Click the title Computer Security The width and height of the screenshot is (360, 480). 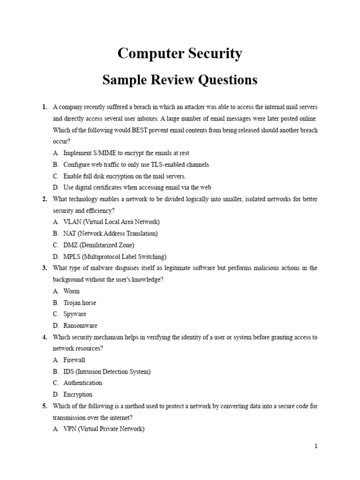click(x=180, y=54)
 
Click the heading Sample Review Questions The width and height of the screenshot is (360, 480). click(x=180, y=80)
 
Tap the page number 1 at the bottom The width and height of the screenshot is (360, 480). click(x=316, y=446)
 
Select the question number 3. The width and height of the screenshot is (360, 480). click(x=45, y=268)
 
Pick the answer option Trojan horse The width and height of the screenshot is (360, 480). click(x=80, y=303)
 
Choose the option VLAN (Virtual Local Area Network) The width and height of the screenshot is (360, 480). click(x=112, y=222)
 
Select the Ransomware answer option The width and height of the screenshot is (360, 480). click(x=80, y=326)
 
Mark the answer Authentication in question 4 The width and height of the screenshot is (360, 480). click(x=82, y=383)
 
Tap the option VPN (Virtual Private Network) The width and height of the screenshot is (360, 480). click(x=104, y=429)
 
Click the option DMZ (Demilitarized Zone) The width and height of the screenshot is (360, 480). click(x=98, y=245)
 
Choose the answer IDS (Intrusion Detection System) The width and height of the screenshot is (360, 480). click(x=107, y=372)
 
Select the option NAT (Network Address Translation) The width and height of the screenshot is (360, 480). click(x=111, y=233)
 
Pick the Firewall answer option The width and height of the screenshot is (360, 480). click(x=75, y=360)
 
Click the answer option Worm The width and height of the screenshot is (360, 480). click(x=72, y=291)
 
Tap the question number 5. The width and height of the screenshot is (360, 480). click(x=45, y=406)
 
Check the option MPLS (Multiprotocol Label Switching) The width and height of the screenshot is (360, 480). click(x=115, y=257)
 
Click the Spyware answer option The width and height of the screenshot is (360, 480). click(x=75, y=314)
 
